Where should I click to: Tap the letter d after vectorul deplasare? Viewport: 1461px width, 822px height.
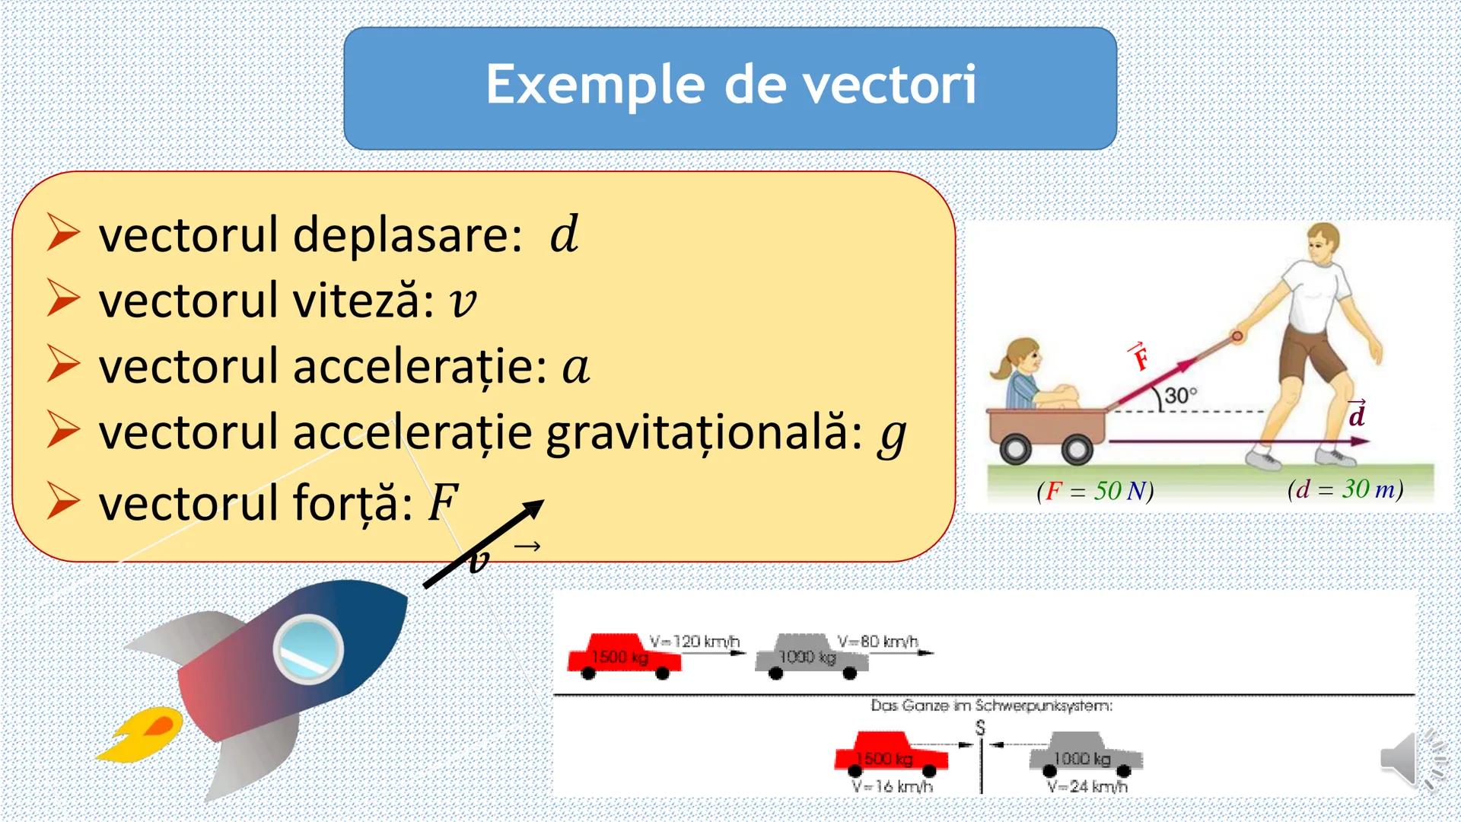[x=564, y=234]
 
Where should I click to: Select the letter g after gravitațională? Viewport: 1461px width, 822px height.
[x=892, y=436]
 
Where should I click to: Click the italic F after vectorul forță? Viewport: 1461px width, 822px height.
[x=443, y=502]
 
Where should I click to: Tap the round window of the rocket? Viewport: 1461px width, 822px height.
[x=308, y=649]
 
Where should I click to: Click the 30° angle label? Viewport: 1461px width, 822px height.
[x=1180, y=396]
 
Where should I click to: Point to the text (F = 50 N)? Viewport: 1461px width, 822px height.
[x=1095, y=491]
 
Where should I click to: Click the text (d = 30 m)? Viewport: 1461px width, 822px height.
[x=1345, y=489]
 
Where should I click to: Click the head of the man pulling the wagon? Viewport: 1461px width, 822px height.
[x=1324, y=243]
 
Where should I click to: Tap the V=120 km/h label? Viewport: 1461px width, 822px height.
[x=694, y=641]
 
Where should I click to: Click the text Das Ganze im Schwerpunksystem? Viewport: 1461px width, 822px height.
[x=992, y=706]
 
